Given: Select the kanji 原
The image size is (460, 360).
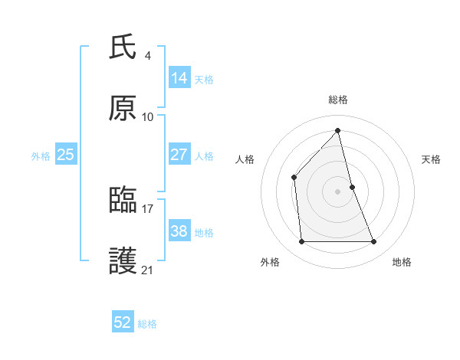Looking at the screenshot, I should pyautogui.click(x=123, y=110).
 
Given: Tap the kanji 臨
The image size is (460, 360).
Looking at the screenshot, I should pyautogui.click(x=123, y=200).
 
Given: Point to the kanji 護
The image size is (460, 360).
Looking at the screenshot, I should pyautogui.click(x=123, y=262).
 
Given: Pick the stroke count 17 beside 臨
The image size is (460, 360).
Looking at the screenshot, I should pyautogui.click(x=148, y=207).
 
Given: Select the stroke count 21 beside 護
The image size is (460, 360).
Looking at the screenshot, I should pyautogui.click(x=148, y=270).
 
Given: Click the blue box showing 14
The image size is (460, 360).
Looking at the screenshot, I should pyautogui.click(x=179, y=78).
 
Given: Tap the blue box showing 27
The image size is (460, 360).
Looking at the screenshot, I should pyautogui.click(x=179, y=155).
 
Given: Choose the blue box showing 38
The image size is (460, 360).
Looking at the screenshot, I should pyautogui.click(x=179, y=231).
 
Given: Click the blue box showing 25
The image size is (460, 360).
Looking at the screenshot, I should pyautogui.click(x=65, y=155).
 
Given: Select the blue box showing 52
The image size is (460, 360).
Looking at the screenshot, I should pyautogui.click(x=123, y=322).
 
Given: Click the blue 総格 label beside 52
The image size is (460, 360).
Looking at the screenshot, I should pyautogui.click(x=147, y=324).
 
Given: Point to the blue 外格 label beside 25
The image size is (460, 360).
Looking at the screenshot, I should pyautogui.click(x=41, y=156).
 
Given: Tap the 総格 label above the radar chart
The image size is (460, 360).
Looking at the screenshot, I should pyautogui.click(x=338, y=100).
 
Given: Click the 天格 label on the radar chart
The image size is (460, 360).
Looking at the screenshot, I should pyautogui.click(x=432, y=159).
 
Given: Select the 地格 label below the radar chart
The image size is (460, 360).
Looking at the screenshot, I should pyautogui.click(x=402, y=263).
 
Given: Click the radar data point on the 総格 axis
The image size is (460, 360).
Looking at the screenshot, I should pyautogui.click(x=338, y=131).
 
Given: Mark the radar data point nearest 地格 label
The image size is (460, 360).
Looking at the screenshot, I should pyautogui.click(x=374, y=242).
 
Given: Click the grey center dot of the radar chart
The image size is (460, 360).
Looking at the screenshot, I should pyautogui.click(x=338, y=191).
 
